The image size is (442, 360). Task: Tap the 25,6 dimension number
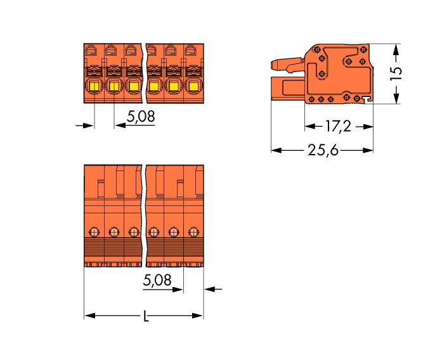point(322,150)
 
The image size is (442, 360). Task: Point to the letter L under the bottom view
point(145,316)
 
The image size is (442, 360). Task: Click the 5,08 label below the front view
point(141,117)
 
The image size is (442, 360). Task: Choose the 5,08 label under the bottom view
point(158,280)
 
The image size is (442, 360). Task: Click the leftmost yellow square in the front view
point(94,87)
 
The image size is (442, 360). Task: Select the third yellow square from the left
point(133,87)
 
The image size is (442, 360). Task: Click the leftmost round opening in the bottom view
point(94,231)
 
